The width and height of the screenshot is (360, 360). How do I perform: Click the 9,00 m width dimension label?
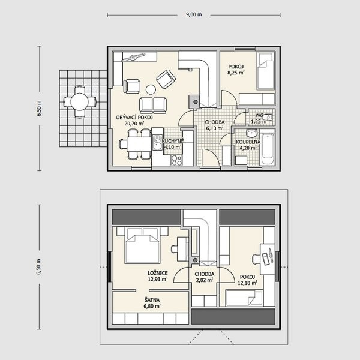point(194,14)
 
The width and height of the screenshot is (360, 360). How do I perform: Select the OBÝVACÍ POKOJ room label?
point(134,118)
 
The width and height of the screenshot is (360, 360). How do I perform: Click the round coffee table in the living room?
point(151,89)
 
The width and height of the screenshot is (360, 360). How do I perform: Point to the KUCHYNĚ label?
point(173,141)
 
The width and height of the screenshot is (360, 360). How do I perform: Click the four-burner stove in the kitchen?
point(176,160)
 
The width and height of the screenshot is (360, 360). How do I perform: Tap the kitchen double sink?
point(157,142)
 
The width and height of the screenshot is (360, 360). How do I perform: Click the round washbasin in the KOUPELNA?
point(252,133)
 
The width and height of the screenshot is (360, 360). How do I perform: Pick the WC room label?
point(259,115)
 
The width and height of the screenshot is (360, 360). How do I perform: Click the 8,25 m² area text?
point(236,73)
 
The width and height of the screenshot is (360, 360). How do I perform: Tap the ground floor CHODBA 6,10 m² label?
point(215,125)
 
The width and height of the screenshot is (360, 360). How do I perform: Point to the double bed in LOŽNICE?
point(142,245)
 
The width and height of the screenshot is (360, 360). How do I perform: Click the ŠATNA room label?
point(152,300)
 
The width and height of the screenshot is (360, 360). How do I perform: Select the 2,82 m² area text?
point(204,280)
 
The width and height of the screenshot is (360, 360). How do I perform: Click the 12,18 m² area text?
point(247,283)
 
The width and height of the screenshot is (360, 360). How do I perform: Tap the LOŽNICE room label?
point(157,273)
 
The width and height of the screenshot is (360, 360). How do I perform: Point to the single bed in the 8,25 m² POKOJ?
point(266,71)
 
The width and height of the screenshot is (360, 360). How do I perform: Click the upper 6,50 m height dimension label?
point(39,109)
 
